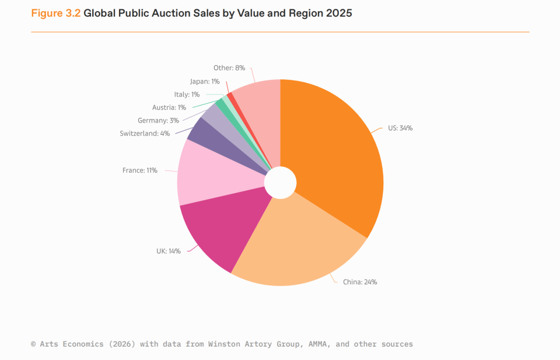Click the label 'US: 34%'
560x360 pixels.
pos(400,128)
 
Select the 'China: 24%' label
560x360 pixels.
pos(360,282)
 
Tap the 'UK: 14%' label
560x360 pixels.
pos(169,251)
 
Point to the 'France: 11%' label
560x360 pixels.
pos(139,170)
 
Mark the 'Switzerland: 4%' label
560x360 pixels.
pos(145,134)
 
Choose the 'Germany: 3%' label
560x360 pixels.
pos(158,121)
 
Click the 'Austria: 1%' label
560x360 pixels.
pos(169,107)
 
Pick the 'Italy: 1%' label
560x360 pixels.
pos(187,95)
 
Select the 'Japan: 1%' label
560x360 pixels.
pos(205,82)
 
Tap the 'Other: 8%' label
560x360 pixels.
pos(229,68)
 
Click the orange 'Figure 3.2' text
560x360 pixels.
pos(56,13)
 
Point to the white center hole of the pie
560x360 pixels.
pos(281,183)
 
